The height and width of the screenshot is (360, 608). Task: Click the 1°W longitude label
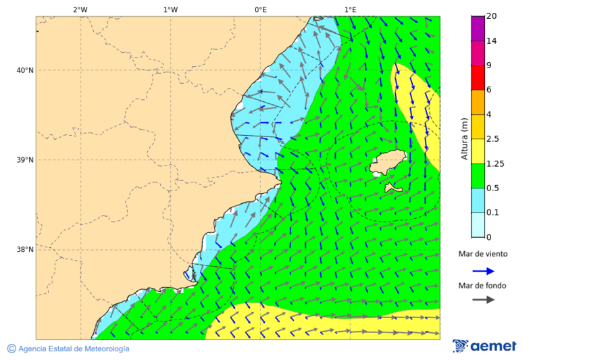[170, 9]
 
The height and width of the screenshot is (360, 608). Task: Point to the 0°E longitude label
[260, 9]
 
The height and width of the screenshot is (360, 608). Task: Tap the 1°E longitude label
[350, 9]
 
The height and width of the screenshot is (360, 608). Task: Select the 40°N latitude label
[25, 70]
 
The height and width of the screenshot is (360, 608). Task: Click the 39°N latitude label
[25, 160]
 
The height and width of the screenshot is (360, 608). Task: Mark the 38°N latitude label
[25, 250]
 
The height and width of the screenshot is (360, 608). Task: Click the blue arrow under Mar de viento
[483, 271]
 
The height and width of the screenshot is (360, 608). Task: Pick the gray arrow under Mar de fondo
[483, 300]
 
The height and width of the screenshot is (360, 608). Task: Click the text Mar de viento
[482, 255]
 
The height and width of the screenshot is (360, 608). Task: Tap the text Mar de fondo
[482, 286]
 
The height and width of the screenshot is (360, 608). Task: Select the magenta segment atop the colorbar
[478, 28]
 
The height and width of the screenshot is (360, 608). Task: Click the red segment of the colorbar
[478, 77]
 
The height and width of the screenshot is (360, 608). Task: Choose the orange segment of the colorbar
[478, 102]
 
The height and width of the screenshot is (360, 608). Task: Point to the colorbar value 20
[491, 16]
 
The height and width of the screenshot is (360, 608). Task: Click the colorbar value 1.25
[495, 163]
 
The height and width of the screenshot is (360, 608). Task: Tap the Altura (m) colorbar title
[464, 138]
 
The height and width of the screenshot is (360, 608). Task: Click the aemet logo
[484, 346]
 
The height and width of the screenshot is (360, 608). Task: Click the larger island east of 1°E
[388, 163]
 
